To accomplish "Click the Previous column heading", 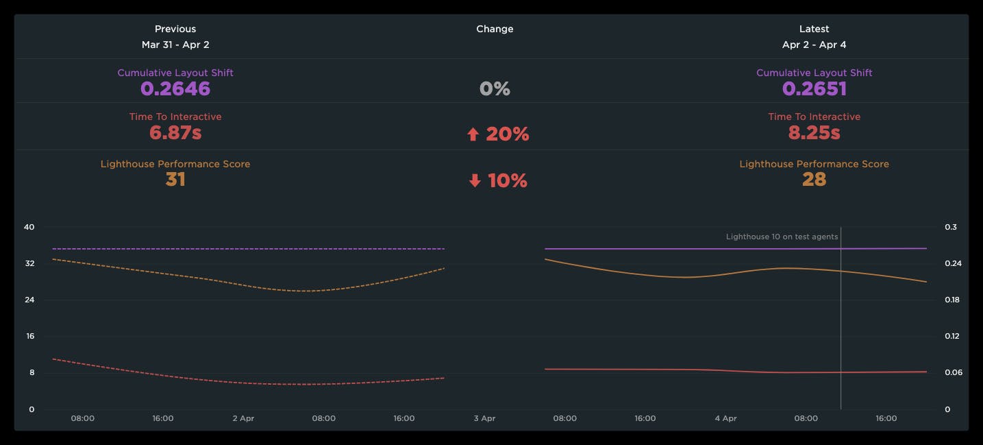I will (x=175, y=29).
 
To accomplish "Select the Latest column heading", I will (x=814, y=29).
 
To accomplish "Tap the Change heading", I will (x=495, y=29).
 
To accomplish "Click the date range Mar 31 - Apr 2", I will (x=175, y=45).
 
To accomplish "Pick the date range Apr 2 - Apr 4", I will (x=814, y=45).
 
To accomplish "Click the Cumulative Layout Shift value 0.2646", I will (x=175, y=88).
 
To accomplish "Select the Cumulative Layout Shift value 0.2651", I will (x=814, y=88).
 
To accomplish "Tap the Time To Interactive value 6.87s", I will (x=175, y=132).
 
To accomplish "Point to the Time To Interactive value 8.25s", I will (x=814, y=132).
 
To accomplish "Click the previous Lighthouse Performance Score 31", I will (x=175, y=180).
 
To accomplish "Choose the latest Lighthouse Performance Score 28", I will (x=814, y=180).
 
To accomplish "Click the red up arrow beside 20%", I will (x=473, y=134).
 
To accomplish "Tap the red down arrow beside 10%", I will (x=475, y=181).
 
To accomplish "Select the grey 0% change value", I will (x=495, y=88).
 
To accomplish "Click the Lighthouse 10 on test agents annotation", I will (x=782, y=237).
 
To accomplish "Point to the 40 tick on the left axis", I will (x=29, y=227).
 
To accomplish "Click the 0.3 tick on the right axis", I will (x=951, y=227).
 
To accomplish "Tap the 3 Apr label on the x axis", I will (x=484, y=418).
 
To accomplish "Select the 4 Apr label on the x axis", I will (x=725, y=418).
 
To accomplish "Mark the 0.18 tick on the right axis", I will (x=953, y=300).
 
